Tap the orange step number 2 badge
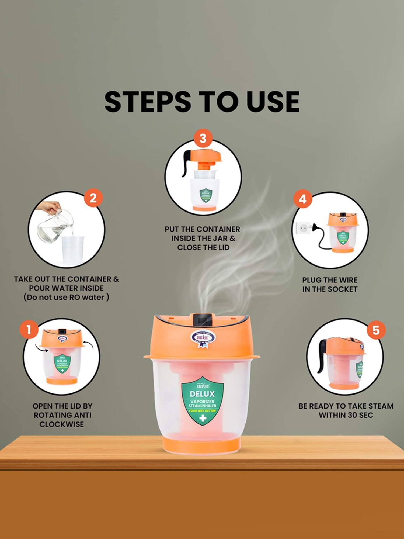click(93, 198)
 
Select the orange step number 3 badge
click(203, 139)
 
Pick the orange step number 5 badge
click(376, 330)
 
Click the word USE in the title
click(273, 102)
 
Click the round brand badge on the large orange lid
click(203, 337)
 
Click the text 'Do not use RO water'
click(66, 298)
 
